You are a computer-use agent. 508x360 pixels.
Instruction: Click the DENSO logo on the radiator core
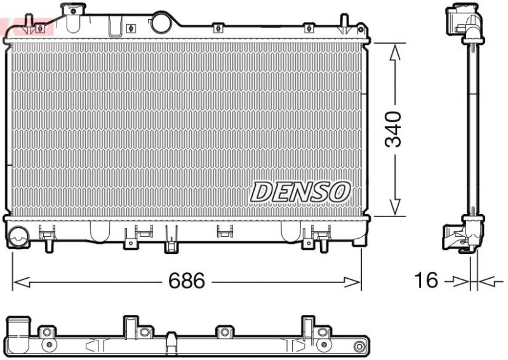point(300,191)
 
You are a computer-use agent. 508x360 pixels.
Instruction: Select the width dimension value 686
point(187,281)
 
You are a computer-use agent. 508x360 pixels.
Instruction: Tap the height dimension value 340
point(394,129)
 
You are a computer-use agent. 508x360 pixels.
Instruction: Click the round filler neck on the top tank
point(162,23)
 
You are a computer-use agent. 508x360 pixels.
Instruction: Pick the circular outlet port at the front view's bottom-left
point(18,236)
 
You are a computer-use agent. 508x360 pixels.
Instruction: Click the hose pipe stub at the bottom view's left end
point(18,330)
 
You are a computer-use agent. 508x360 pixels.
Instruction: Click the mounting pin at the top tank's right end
point(344,23)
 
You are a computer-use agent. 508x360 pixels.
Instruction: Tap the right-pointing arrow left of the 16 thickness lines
point(456,280)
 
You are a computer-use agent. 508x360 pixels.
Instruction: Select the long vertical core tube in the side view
point(473,127)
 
